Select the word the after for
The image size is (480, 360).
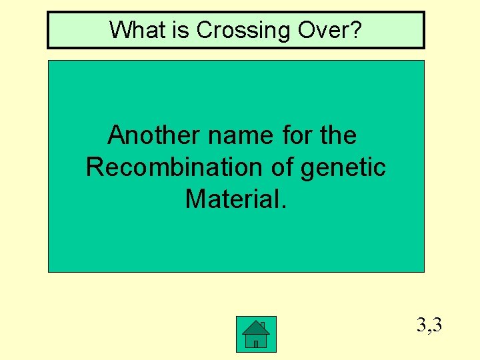(338, 135)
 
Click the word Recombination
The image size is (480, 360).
(175, 167)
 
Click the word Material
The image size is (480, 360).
(233, 198)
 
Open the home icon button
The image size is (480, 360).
(256, 335)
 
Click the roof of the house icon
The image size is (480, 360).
(255, 326)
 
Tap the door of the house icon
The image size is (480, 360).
(255, 343)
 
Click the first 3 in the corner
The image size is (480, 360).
(421, 326)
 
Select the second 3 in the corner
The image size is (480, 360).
(437, 326)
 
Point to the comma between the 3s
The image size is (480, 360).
(429, 331)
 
